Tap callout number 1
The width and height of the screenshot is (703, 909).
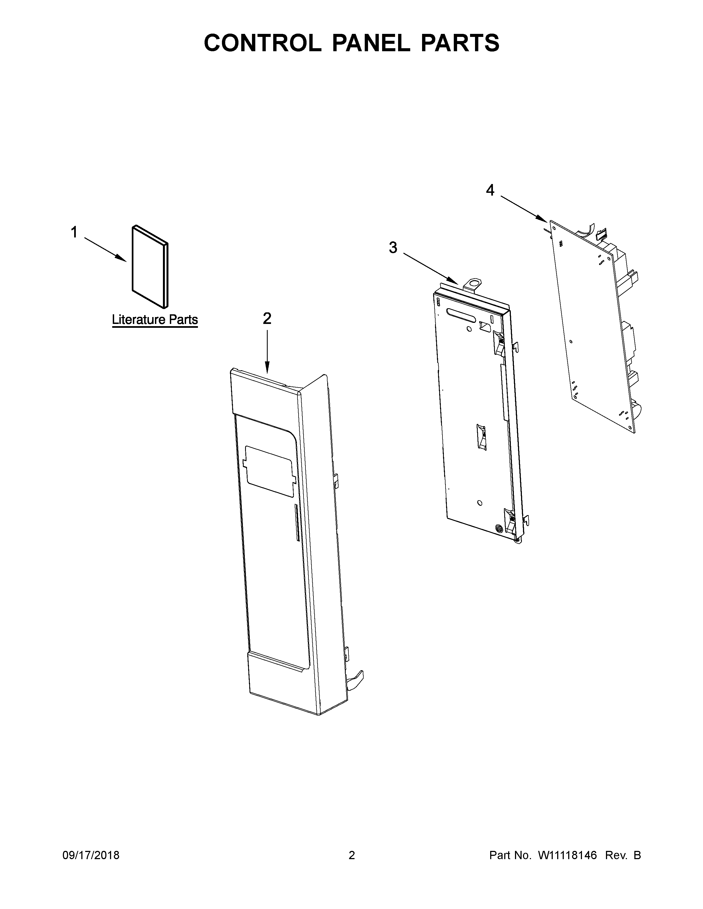point(74,232)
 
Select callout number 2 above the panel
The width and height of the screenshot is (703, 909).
point(267,318)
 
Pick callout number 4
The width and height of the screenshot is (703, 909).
point(490,190)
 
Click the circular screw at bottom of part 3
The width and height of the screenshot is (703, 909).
point(498,528)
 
